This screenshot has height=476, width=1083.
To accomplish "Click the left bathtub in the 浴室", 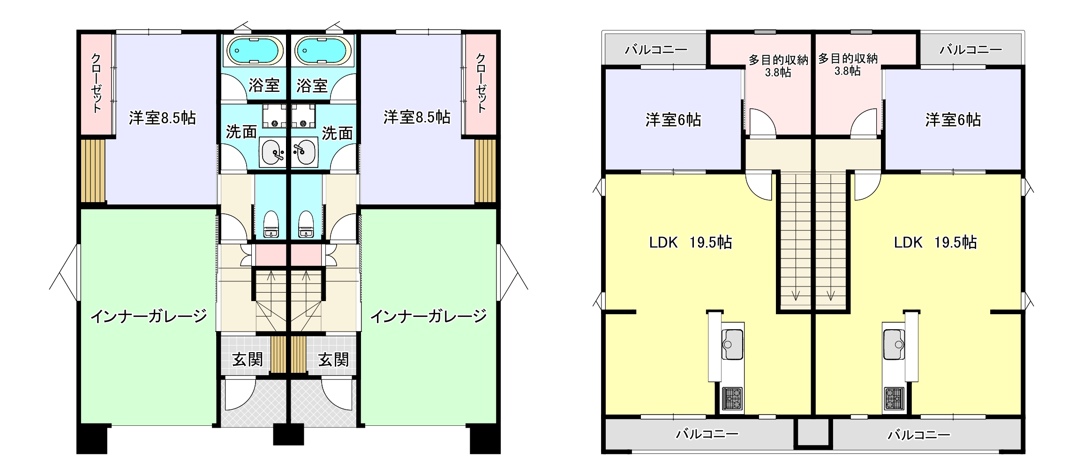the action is (255, 50).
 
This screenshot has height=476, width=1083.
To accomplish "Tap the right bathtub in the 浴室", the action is (323, 50).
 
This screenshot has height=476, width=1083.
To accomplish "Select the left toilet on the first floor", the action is (271, 224).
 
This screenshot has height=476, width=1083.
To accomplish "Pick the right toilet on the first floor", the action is (306, 224).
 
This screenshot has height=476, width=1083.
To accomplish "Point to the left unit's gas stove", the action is (732, 399).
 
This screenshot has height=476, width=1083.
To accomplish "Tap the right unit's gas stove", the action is (895, 399).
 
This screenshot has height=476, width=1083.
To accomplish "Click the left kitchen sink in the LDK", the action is (732, 344).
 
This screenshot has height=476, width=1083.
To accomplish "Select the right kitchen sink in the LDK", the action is (894, 344).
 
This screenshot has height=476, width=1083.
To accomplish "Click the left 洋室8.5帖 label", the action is (162, 118).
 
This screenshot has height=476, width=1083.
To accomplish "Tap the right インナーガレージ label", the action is (429, 317).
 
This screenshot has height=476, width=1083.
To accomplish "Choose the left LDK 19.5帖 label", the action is (691, 242).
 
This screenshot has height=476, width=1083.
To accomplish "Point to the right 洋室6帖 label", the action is (953, 120).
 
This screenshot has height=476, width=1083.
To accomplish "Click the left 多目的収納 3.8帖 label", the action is (778, 66).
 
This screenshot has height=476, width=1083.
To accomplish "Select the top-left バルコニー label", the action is (656, 49).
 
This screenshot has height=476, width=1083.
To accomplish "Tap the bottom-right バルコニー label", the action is (919, 435).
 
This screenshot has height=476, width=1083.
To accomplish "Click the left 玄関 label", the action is (248, 360).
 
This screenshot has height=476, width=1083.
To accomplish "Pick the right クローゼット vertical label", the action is (481, 83).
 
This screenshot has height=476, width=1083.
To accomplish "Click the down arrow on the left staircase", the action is (796, 295).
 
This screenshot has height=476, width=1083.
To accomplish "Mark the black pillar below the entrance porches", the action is (288, 434).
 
